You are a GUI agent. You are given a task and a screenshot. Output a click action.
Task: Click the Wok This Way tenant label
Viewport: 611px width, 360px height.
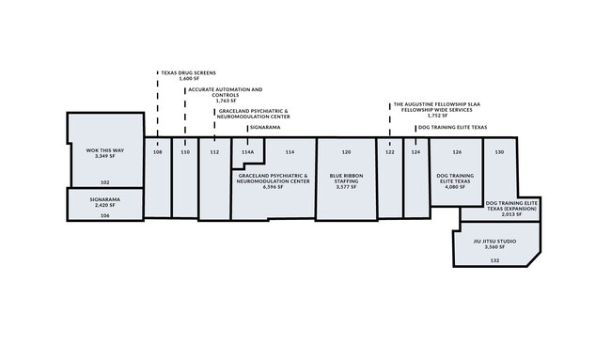click(105, 150)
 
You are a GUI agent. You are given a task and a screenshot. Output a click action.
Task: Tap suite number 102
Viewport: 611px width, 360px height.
click(105, 182)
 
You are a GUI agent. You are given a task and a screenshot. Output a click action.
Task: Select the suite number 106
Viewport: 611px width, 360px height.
click(105, 215)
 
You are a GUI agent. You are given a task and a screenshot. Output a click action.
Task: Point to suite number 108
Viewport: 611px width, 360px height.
click(157, 152)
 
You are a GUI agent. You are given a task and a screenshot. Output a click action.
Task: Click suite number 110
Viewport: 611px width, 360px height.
click(185, 152)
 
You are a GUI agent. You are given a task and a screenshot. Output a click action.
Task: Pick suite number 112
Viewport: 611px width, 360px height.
click(214, 152)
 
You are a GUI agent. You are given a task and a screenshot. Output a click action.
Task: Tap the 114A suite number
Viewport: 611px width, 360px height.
click(247, 152)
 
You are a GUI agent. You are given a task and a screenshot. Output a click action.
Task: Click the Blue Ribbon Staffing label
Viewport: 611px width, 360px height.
click(346, 179)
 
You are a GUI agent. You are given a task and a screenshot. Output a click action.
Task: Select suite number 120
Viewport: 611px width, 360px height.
click(346, 152)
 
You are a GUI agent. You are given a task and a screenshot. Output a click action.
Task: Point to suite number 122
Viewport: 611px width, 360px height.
click(390, 152)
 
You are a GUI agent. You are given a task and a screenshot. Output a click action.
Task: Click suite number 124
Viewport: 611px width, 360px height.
click(415, 152)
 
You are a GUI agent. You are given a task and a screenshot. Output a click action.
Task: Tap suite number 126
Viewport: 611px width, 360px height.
click(457, 152)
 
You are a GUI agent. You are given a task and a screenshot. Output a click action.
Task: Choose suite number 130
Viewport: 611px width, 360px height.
click(499, 152)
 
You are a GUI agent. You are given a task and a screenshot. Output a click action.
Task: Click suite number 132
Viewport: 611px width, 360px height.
click(494, 260)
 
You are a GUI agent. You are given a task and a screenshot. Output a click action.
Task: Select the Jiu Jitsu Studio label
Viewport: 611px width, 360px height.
click(494, 242)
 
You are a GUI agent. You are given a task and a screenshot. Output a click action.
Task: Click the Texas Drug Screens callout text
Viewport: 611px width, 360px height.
click(189, 73)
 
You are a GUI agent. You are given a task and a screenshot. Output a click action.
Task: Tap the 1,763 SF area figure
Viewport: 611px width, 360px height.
click(226, 101)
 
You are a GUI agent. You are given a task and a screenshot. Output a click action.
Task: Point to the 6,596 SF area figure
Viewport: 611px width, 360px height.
click(274, 187)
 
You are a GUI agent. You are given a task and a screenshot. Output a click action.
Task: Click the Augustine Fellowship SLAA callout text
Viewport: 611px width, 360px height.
click(437, 107)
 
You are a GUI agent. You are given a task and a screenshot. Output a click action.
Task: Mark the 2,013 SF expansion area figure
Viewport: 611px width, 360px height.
click(511, 214)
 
